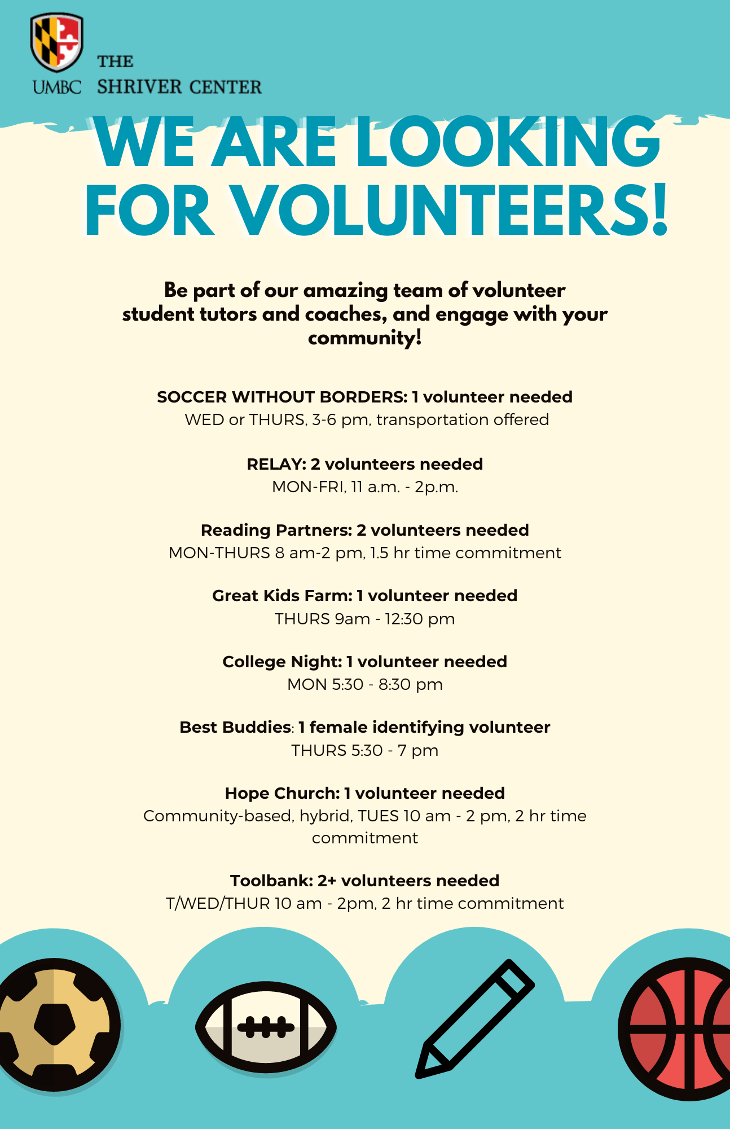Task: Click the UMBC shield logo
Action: click(56, 42)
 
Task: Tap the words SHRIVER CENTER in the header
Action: click(179, 87)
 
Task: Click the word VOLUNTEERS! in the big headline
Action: click(449, 211)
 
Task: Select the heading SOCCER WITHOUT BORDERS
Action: click(281, 397)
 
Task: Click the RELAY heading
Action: click(275, 464)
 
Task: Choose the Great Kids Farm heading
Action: click(282, 596)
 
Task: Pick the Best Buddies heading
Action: click(235, 727)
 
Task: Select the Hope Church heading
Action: click(282, 793)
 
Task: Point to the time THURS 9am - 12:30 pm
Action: click(365, 619)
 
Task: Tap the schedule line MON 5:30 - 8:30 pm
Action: click(365, 684)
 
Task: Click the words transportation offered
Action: click(463, 419)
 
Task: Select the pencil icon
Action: click(475, 1019)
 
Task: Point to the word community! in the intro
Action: click(365, 338)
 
